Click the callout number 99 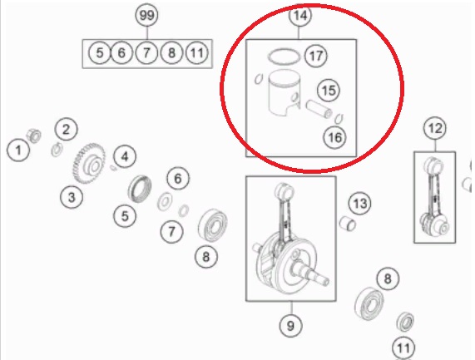[147, 15]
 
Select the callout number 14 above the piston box [300, 15]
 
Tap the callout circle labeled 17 [317, 56]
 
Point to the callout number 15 [329, 91]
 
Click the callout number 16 [335, 137]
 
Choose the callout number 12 [435, 129]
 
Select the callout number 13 [360, 204]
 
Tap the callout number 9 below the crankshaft [291, 326]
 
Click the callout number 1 [18, 150]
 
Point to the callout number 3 [72, 197]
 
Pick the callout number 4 [125, 156]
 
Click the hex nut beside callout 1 [33, 136]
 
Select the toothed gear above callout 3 [89, 164]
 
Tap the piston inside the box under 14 [285, 92]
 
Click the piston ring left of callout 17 [285, 57]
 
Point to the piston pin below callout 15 [319, 109]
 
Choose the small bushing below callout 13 [348, 223]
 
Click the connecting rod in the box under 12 [435, 197]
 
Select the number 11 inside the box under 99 [197, 53]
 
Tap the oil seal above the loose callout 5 [140, 190]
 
